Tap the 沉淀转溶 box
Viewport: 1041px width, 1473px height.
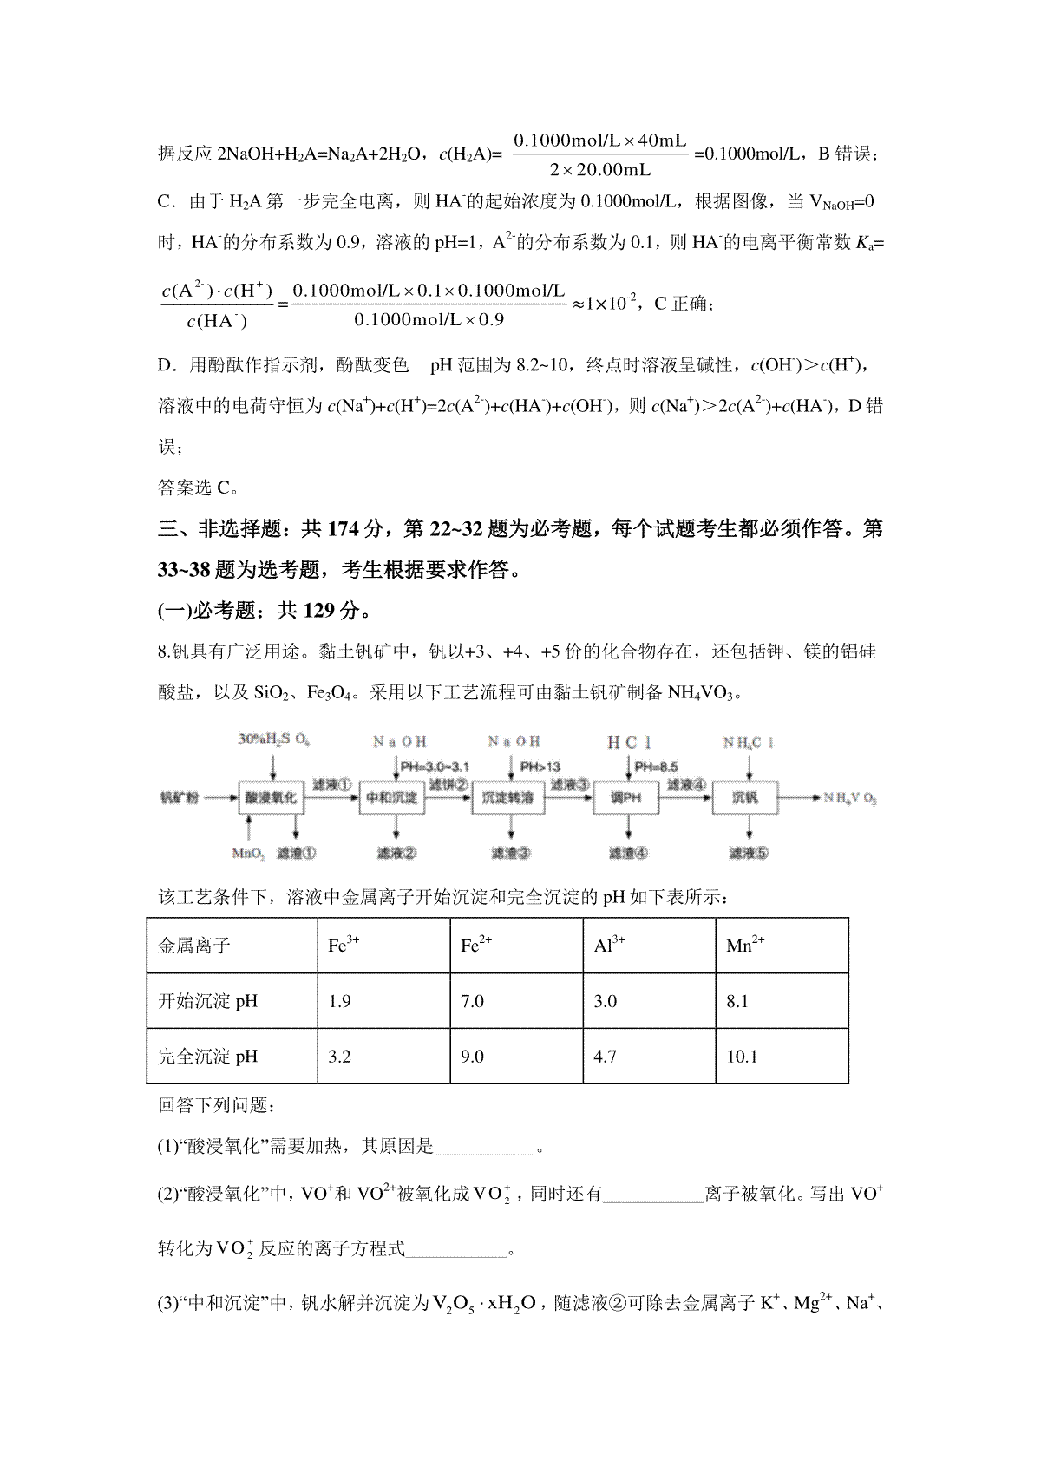(x=508, y=797)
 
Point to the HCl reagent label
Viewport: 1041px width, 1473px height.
(x=629, y=743)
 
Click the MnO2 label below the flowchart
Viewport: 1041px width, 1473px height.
(x=248, y=853)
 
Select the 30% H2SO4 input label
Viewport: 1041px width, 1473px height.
(x=274, y=741)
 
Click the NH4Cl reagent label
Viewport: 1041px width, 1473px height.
(x=749, y=743)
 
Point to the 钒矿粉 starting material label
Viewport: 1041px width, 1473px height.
(x=179, y=797)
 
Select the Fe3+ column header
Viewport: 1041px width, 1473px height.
(x=344, y=946)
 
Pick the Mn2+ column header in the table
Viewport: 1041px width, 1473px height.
(x=745, y=946)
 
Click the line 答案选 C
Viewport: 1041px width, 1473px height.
(x=199, y=488)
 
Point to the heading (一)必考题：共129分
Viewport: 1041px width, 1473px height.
(x=265, y=611)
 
